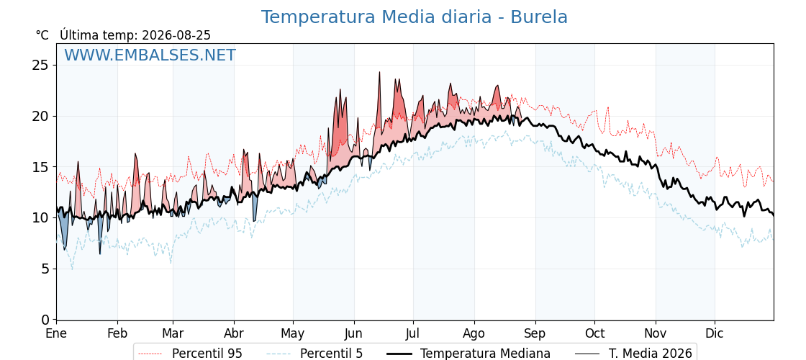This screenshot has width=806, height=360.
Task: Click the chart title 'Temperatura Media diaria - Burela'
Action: pyautogui.click(x=415, y=17)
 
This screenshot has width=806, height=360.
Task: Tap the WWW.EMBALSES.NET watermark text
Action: pyautogui.click(x=150, y=55)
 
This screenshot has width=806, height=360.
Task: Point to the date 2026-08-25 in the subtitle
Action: pyautogui.click(x=176, y=35)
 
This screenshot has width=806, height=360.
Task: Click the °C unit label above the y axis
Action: pyautogui.click(x=42, y=35)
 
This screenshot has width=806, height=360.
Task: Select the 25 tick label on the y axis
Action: pyautogui.click(x=40, y=66)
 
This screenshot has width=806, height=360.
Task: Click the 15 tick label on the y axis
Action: pyautogui.click(x=40, y=167)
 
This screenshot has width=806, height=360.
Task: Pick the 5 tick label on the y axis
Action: pyautogui.click(x=44, y=269)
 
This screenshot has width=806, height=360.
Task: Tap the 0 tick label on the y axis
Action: pyautogui.click(x=44, y=320)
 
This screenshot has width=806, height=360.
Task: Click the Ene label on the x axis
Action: pyautogui.click(x=56, y=333)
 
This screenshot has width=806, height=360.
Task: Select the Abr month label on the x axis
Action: pyautogui.click(x=234, y=333)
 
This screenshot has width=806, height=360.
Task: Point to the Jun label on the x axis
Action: pyautogui.click(x=353, y=333)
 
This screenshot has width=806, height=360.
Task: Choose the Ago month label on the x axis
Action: pyautogui.click(x=474, y=333)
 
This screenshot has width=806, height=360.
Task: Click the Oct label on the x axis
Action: pyautogui.click(x=594, y=333)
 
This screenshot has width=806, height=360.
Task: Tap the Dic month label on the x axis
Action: pyautogui.click(x=715, y=333)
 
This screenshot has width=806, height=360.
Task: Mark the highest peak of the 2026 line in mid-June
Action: pyautogui.click(x=379, y=73)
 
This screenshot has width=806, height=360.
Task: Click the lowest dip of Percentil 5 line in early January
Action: pyautogui.click(x=72, y=269)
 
